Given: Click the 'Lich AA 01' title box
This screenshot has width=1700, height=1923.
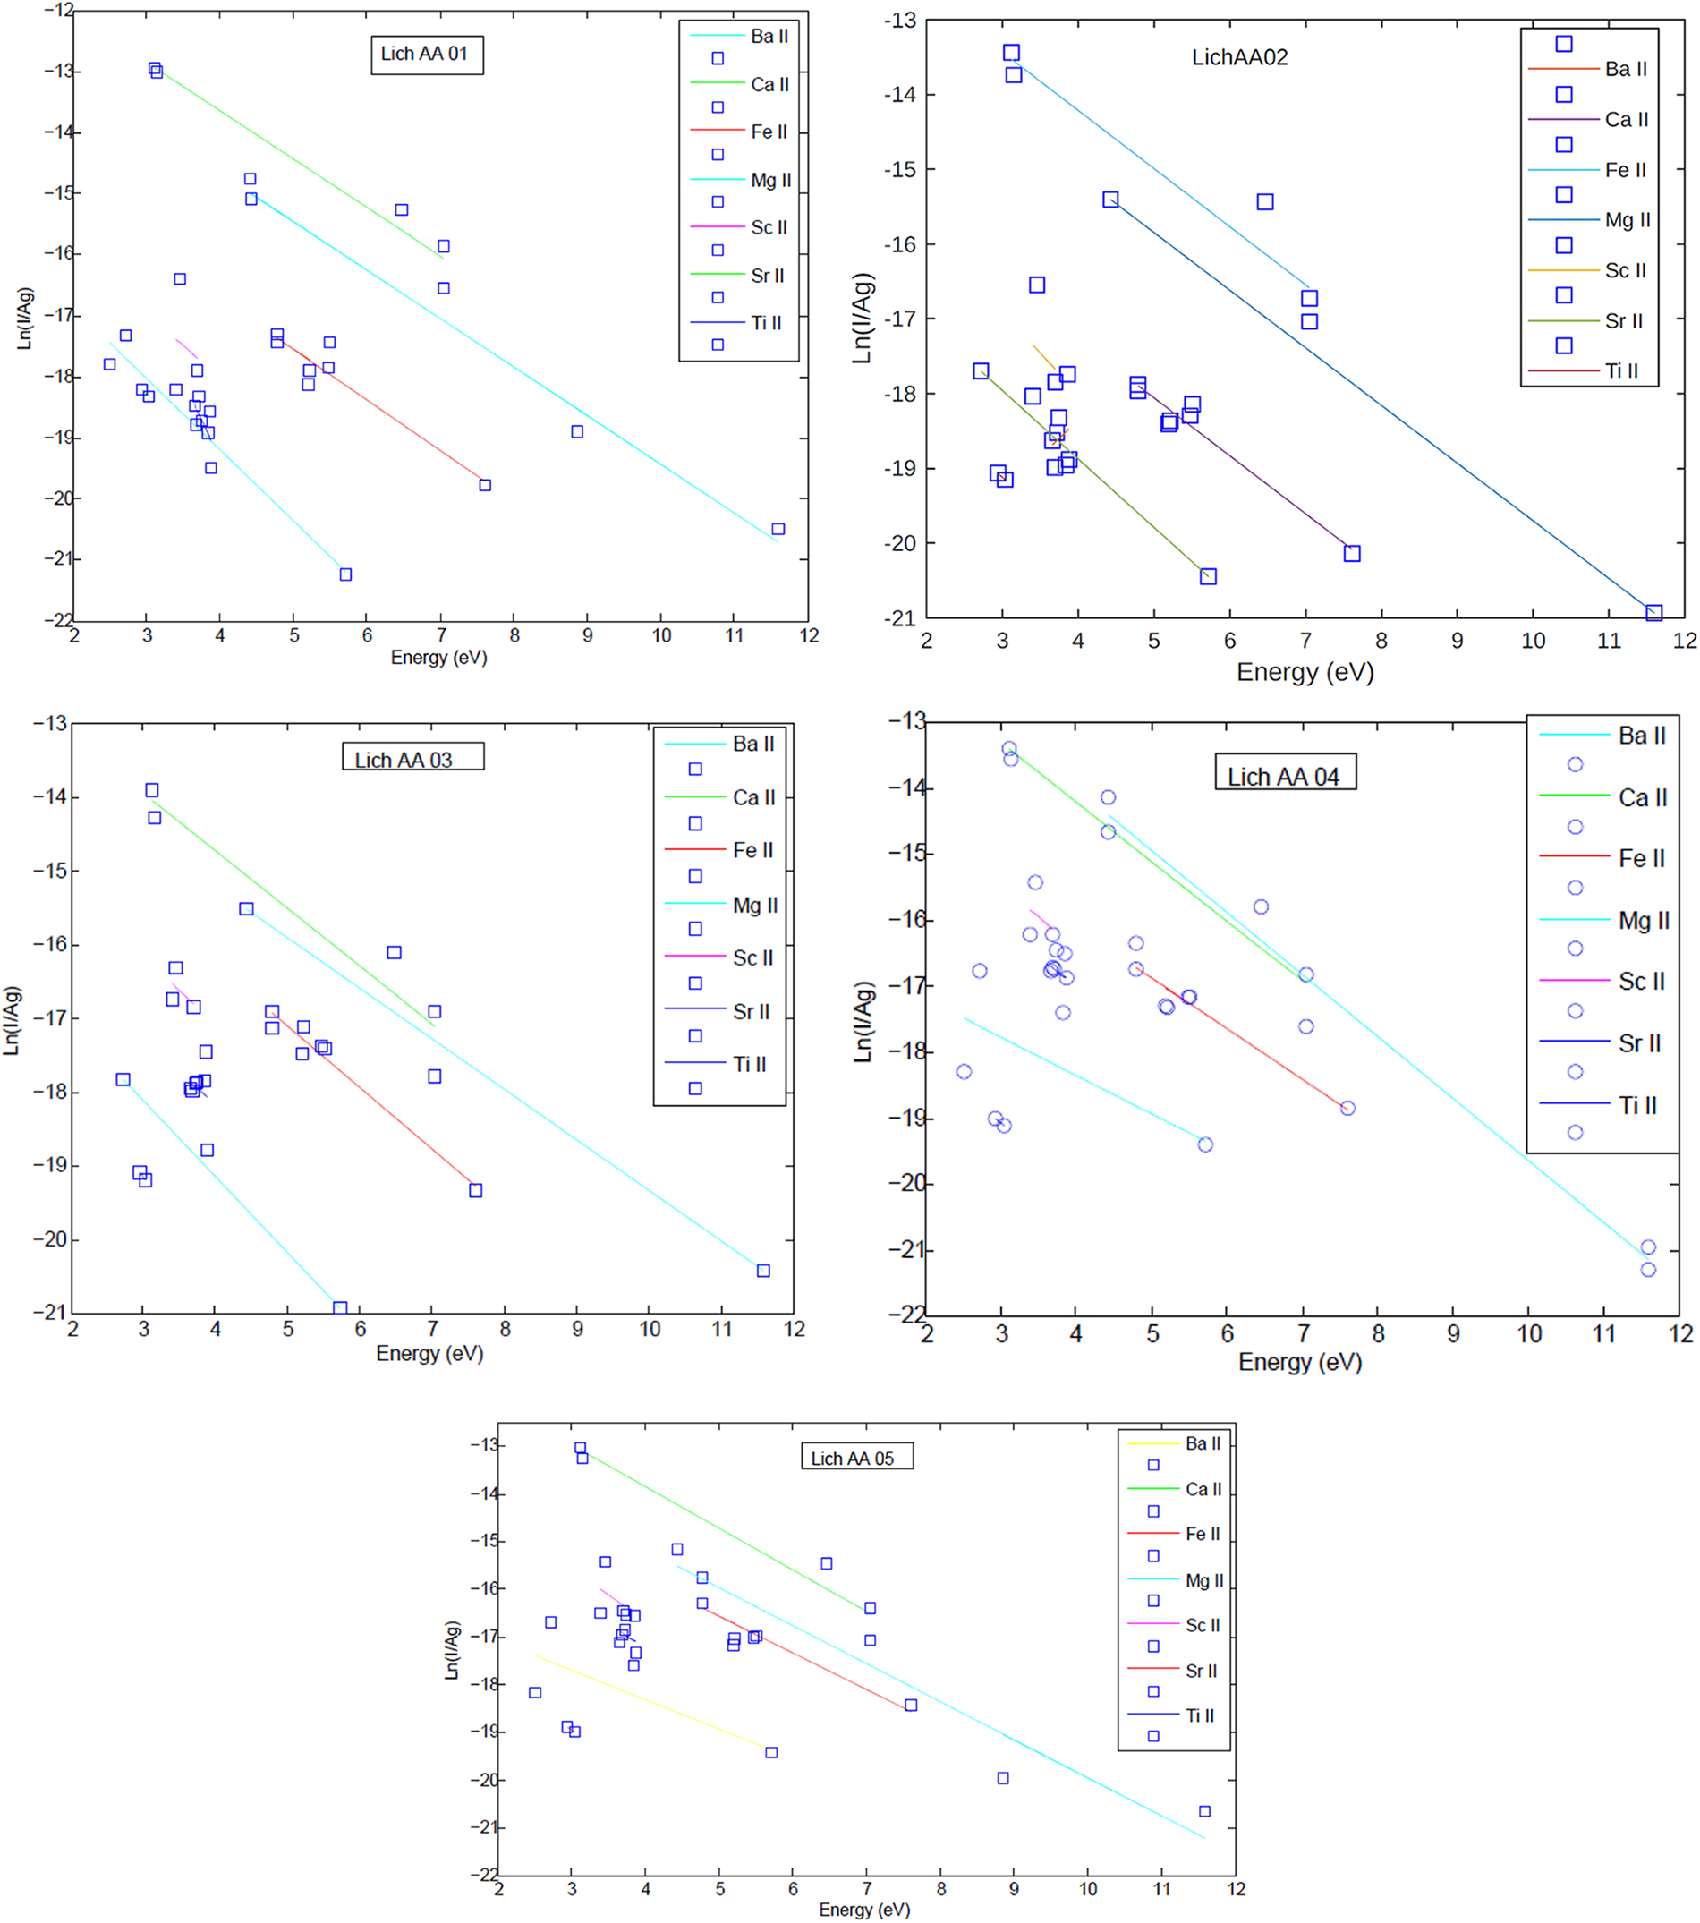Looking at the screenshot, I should pos(426,55).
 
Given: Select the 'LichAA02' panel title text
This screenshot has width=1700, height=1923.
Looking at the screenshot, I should pos(1239,57).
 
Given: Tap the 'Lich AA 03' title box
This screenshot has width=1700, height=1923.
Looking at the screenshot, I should pos(412,758).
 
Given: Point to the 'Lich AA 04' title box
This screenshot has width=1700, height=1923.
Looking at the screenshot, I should pos(1284,775).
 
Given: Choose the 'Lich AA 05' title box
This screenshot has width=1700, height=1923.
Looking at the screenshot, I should pos(856,1459).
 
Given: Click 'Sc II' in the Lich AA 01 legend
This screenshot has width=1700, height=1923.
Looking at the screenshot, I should pos(769,227).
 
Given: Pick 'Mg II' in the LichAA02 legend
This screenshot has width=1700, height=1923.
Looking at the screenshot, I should pos(1627,220).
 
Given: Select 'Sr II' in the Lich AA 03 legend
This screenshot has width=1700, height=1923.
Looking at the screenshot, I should pos(751,1011).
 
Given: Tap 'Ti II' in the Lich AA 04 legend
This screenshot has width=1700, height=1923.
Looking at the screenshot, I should pos(1638,1105).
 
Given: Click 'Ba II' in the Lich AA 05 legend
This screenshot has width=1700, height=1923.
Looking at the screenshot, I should pos(1203,1443).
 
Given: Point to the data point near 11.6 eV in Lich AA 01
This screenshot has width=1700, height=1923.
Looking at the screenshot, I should pos(778,529).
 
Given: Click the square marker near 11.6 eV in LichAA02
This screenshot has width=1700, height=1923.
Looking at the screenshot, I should pos(1653,613).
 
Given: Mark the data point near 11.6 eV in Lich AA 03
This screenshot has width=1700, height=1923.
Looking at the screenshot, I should pos(763,1270).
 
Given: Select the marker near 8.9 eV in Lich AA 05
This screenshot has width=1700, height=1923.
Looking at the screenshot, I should pos(1003,1778).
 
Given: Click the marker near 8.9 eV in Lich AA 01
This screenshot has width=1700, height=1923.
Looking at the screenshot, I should pos(577,432).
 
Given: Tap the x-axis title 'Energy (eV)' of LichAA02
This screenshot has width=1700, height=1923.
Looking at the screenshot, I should pos(1305,672).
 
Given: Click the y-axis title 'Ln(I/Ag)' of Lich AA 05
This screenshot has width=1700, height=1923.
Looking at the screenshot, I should pos(453,1650).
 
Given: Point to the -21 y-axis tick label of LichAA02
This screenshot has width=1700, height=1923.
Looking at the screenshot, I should pos(900,618).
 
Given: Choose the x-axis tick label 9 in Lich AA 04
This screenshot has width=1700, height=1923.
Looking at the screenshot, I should pos(1452,1333).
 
